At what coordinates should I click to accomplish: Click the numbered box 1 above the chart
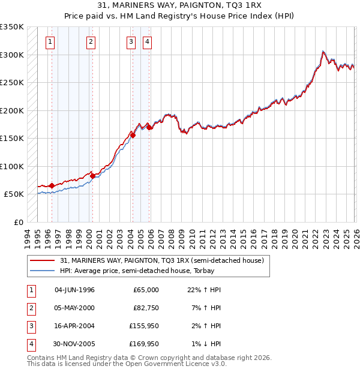50,41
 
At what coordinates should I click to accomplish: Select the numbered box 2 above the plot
91,41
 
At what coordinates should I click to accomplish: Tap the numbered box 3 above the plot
131,41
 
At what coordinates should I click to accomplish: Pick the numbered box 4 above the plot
147,41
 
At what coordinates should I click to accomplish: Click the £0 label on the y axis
18,222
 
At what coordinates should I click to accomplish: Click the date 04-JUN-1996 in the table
74,290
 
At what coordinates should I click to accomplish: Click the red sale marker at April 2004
133,135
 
